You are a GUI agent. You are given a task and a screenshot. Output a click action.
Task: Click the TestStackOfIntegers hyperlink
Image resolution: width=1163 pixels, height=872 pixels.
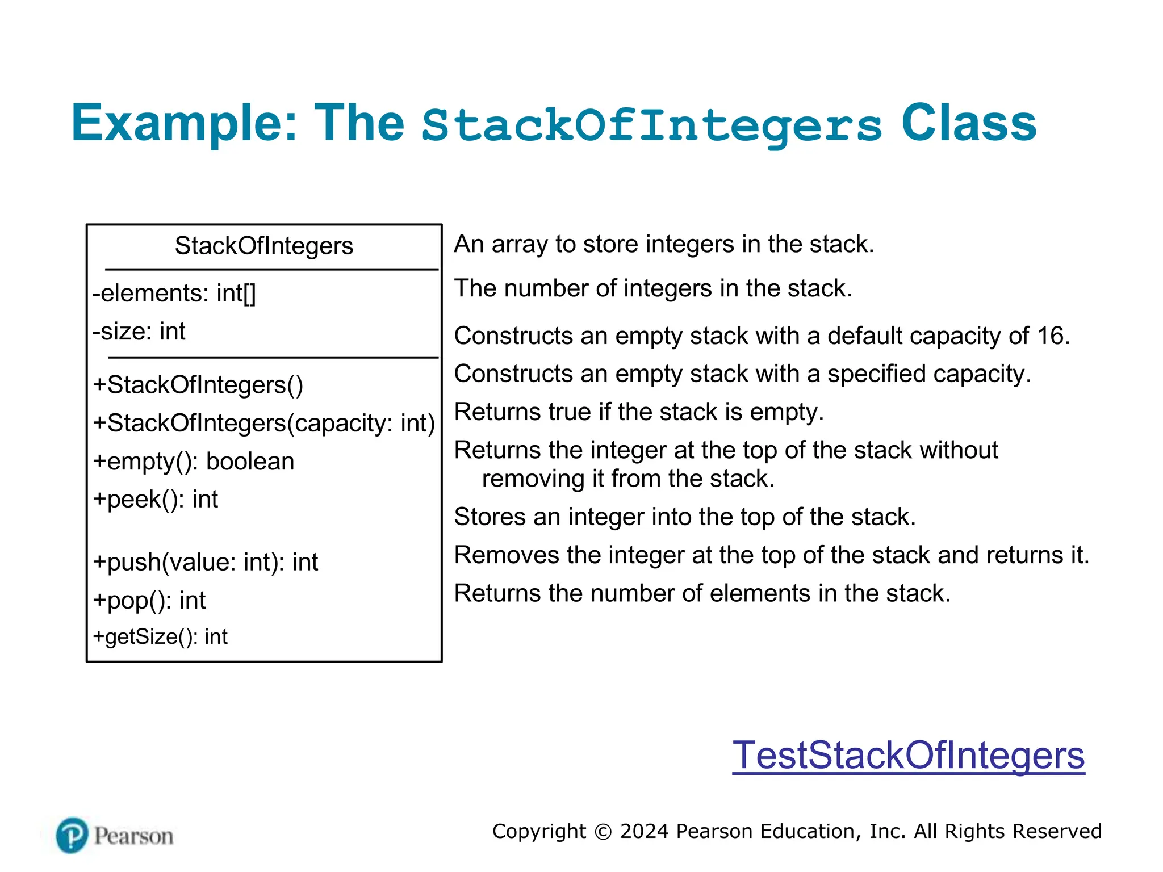point(908,756)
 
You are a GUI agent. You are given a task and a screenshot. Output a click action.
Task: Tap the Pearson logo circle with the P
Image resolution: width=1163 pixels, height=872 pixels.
point(72,835)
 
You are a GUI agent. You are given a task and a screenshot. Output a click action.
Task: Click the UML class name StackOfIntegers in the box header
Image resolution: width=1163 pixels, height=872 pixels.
point(263,246)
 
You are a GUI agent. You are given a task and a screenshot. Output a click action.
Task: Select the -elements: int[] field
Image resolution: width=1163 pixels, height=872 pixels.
point(174,294)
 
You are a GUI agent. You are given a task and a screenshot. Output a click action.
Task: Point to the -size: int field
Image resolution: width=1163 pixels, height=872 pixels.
point(139,332)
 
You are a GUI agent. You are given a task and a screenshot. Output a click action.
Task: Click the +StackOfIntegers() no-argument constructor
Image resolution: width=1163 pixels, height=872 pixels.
point(198,385)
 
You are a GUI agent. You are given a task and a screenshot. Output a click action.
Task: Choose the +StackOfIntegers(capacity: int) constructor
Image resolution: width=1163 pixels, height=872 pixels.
point(263,424)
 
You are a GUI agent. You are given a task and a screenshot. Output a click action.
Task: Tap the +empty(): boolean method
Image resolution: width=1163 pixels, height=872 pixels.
point(194,462)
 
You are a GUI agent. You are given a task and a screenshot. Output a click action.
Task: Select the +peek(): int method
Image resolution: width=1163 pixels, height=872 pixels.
point(156,500)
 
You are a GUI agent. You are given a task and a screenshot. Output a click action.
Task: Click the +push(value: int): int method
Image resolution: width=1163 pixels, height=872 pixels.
point(206,562)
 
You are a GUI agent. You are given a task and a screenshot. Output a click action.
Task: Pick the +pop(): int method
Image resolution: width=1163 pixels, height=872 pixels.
point(149,600)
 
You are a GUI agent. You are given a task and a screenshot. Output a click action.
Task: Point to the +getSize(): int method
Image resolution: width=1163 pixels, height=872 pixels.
point(160,637)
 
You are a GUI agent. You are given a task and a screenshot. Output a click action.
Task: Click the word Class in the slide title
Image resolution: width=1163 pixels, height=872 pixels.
point(969,123)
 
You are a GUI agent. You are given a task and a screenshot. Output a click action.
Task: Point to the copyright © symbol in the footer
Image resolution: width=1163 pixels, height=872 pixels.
point(603,832)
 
